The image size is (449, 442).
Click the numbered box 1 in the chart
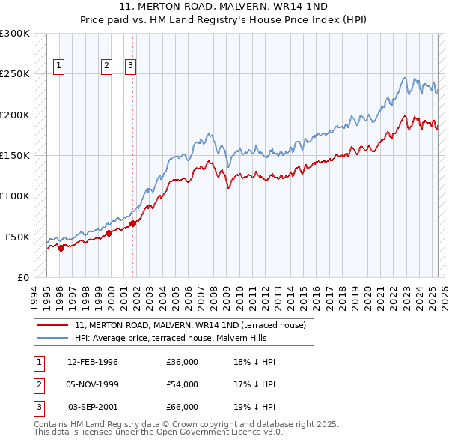tap(59, 66)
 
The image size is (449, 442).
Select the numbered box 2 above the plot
tap(107, 66)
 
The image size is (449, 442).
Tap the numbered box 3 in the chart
tap(130, 66)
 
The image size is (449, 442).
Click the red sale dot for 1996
tap(61, 248)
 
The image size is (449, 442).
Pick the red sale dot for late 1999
tap(109, 233)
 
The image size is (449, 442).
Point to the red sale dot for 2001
tap(132, 223)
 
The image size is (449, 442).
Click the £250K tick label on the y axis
tap(15, 74)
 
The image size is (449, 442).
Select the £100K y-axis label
tap(15, 196)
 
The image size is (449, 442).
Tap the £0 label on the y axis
tap(23, 277)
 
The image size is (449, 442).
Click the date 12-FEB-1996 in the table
tap(93, 362)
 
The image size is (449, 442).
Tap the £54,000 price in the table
tap(183, 384)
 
